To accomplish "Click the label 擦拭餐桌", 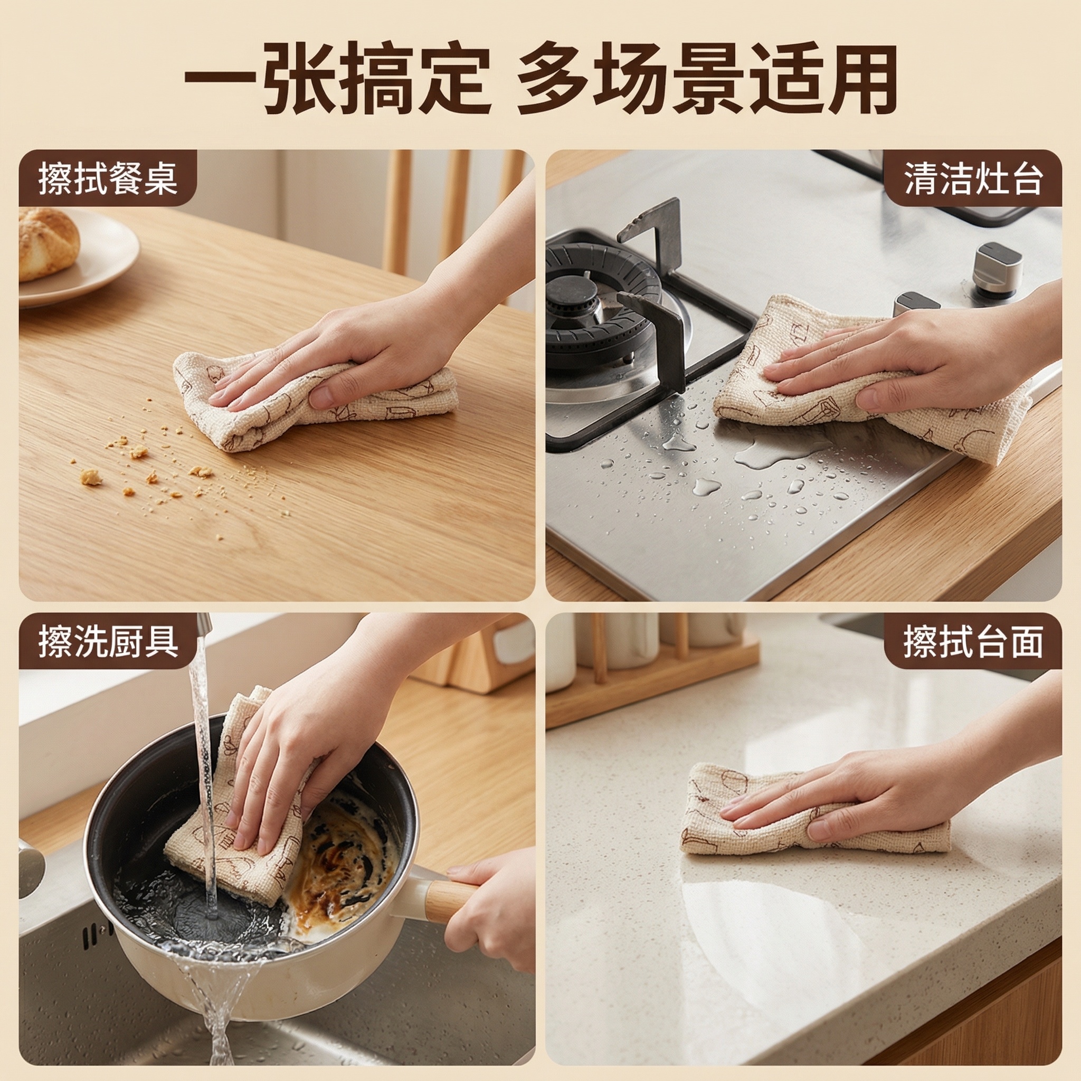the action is coord(108,178).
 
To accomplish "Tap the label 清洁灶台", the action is coord(973,178).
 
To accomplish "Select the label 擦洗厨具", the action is coord(108,641).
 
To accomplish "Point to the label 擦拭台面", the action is coord(973,641).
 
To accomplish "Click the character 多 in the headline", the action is coord(556,79).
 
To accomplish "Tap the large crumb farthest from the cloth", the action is coord(91,477).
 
